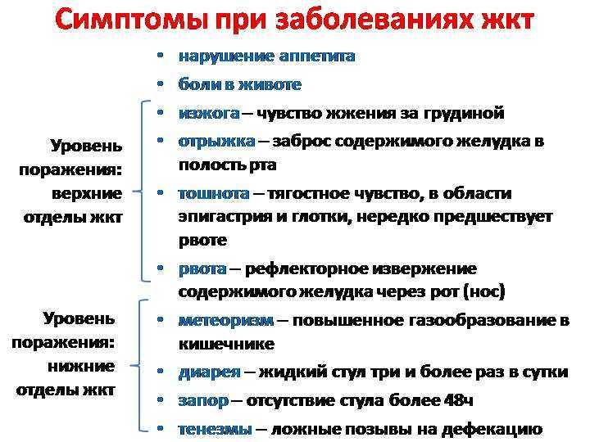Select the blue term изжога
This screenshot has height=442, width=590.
(x=209, y=113)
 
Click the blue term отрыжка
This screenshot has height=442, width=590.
(x=216, y=142)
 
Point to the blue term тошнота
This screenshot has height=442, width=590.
(x=214, y=193)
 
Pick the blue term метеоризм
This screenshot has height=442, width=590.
(x=226, y=320)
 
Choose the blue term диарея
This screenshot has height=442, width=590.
(x=210, y=372)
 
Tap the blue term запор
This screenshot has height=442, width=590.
(x=203, y=400)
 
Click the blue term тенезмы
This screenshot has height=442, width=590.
(x=216, y=429)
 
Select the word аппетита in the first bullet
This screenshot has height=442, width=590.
(x=317, y=56)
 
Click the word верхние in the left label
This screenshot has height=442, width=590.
(x=87, y=194)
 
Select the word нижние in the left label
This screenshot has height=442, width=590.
(x=81, y=367)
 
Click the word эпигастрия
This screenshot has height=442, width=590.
(x=225, y=217)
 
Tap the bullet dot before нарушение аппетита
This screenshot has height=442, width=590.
(x=161, y=56)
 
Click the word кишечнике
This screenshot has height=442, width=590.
(x=226, y=345)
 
